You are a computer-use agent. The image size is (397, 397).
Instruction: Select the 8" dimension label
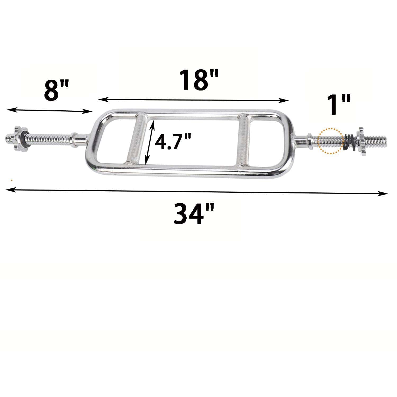click(x=56, y=91)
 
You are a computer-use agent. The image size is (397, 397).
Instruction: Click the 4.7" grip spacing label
click(x=173, y=142)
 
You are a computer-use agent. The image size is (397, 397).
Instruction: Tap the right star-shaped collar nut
click(x=361, y=141)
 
